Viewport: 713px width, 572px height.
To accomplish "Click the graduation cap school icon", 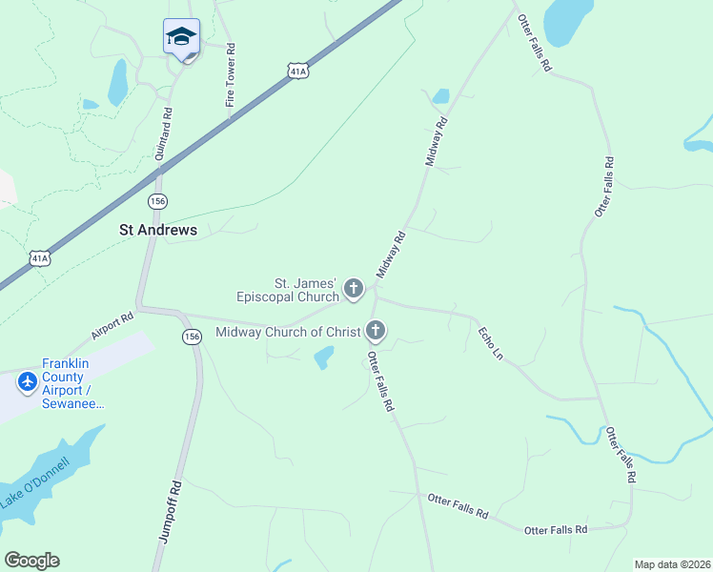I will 181,36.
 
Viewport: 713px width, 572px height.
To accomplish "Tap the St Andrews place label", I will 158,230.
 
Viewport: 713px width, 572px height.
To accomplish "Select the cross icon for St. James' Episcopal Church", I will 354,288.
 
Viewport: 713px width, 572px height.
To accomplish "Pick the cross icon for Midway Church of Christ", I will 376,331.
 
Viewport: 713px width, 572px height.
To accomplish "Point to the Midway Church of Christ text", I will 289,332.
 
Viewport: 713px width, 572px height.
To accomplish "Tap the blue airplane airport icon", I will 27,382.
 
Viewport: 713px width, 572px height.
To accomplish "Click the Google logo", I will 32,561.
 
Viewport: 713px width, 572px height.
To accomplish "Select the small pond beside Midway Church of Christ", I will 324,357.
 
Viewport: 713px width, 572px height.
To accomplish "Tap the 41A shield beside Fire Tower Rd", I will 297,71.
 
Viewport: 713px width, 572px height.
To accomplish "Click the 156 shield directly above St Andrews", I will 158,200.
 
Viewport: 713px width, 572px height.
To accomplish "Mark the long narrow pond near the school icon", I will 117,82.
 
